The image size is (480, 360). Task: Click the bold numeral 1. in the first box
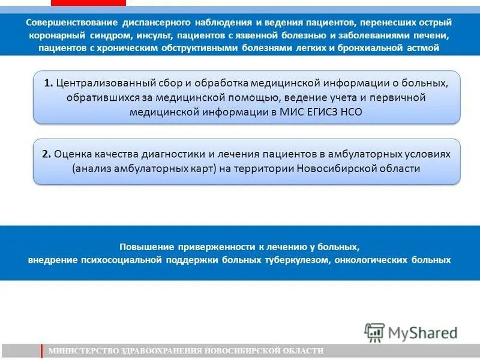pyautogui.click(x=48, y=83)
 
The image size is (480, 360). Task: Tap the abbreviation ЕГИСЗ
pyautogui.click(x=320, y=112)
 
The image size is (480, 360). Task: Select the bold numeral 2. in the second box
pyautogui.click(x=47, y=154)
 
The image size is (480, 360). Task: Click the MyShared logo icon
pyautogui.click(x=374, y=332)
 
